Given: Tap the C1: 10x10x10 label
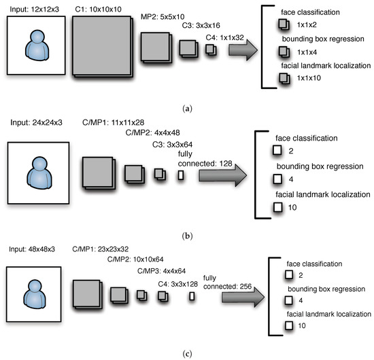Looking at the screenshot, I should [98, 7].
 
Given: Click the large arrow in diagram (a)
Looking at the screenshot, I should [242, 50].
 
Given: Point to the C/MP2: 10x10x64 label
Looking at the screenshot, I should [122, 259].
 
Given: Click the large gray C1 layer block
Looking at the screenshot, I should [99, 44].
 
